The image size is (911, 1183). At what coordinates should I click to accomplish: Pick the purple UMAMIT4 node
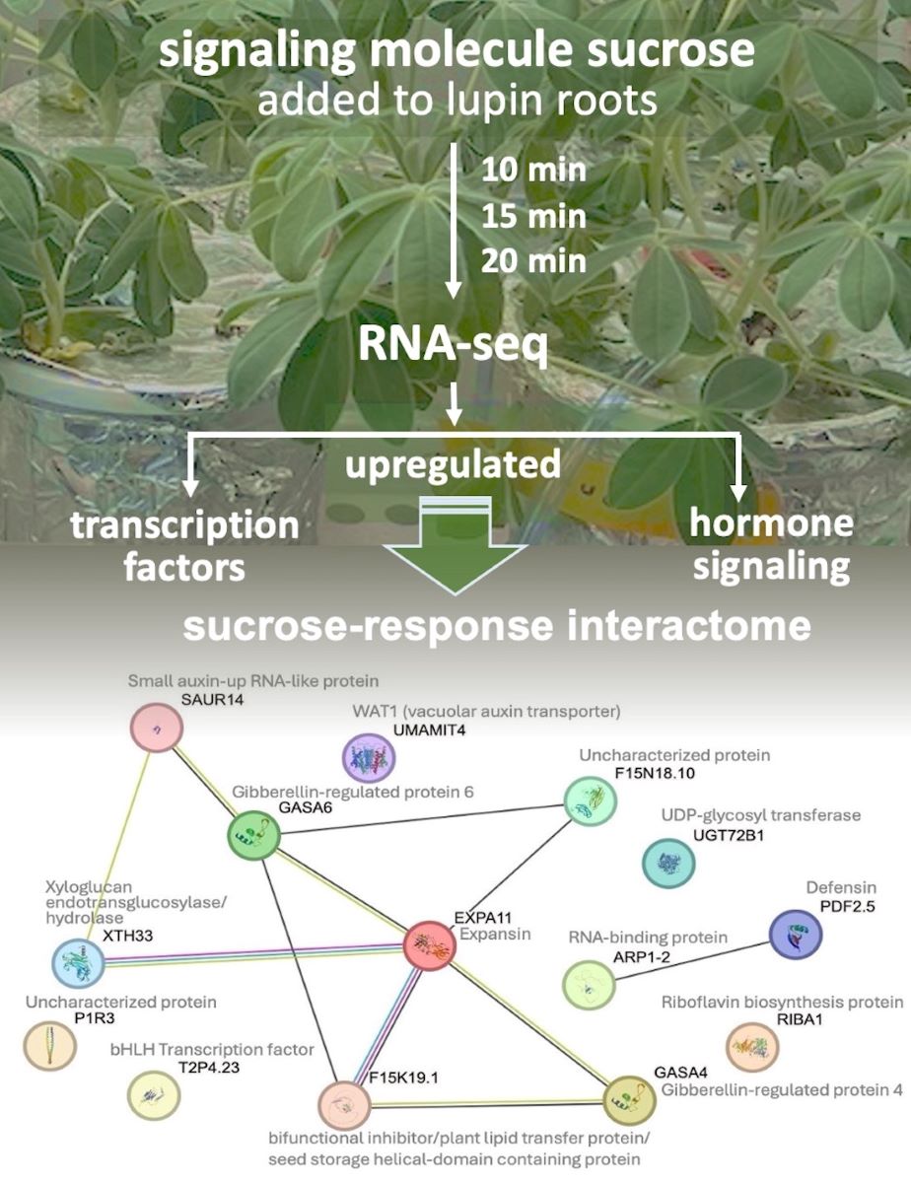[368, 757]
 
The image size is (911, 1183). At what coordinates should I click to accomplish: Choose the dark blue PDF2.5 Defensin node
[795, 932]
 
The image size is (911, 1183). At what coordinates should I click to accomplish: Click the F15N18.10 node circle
[591, 800]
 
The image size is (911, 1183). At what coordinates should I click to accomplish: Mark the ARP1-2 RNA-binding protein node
[588, 983]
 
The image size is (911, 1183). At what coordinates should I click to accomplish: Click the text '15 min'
[532, 215]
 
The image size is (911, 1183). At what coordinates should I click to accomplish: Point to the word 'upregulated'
[453, 461]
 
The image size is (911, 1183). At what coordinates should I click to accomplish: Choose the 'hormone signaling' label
[770, 544]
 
